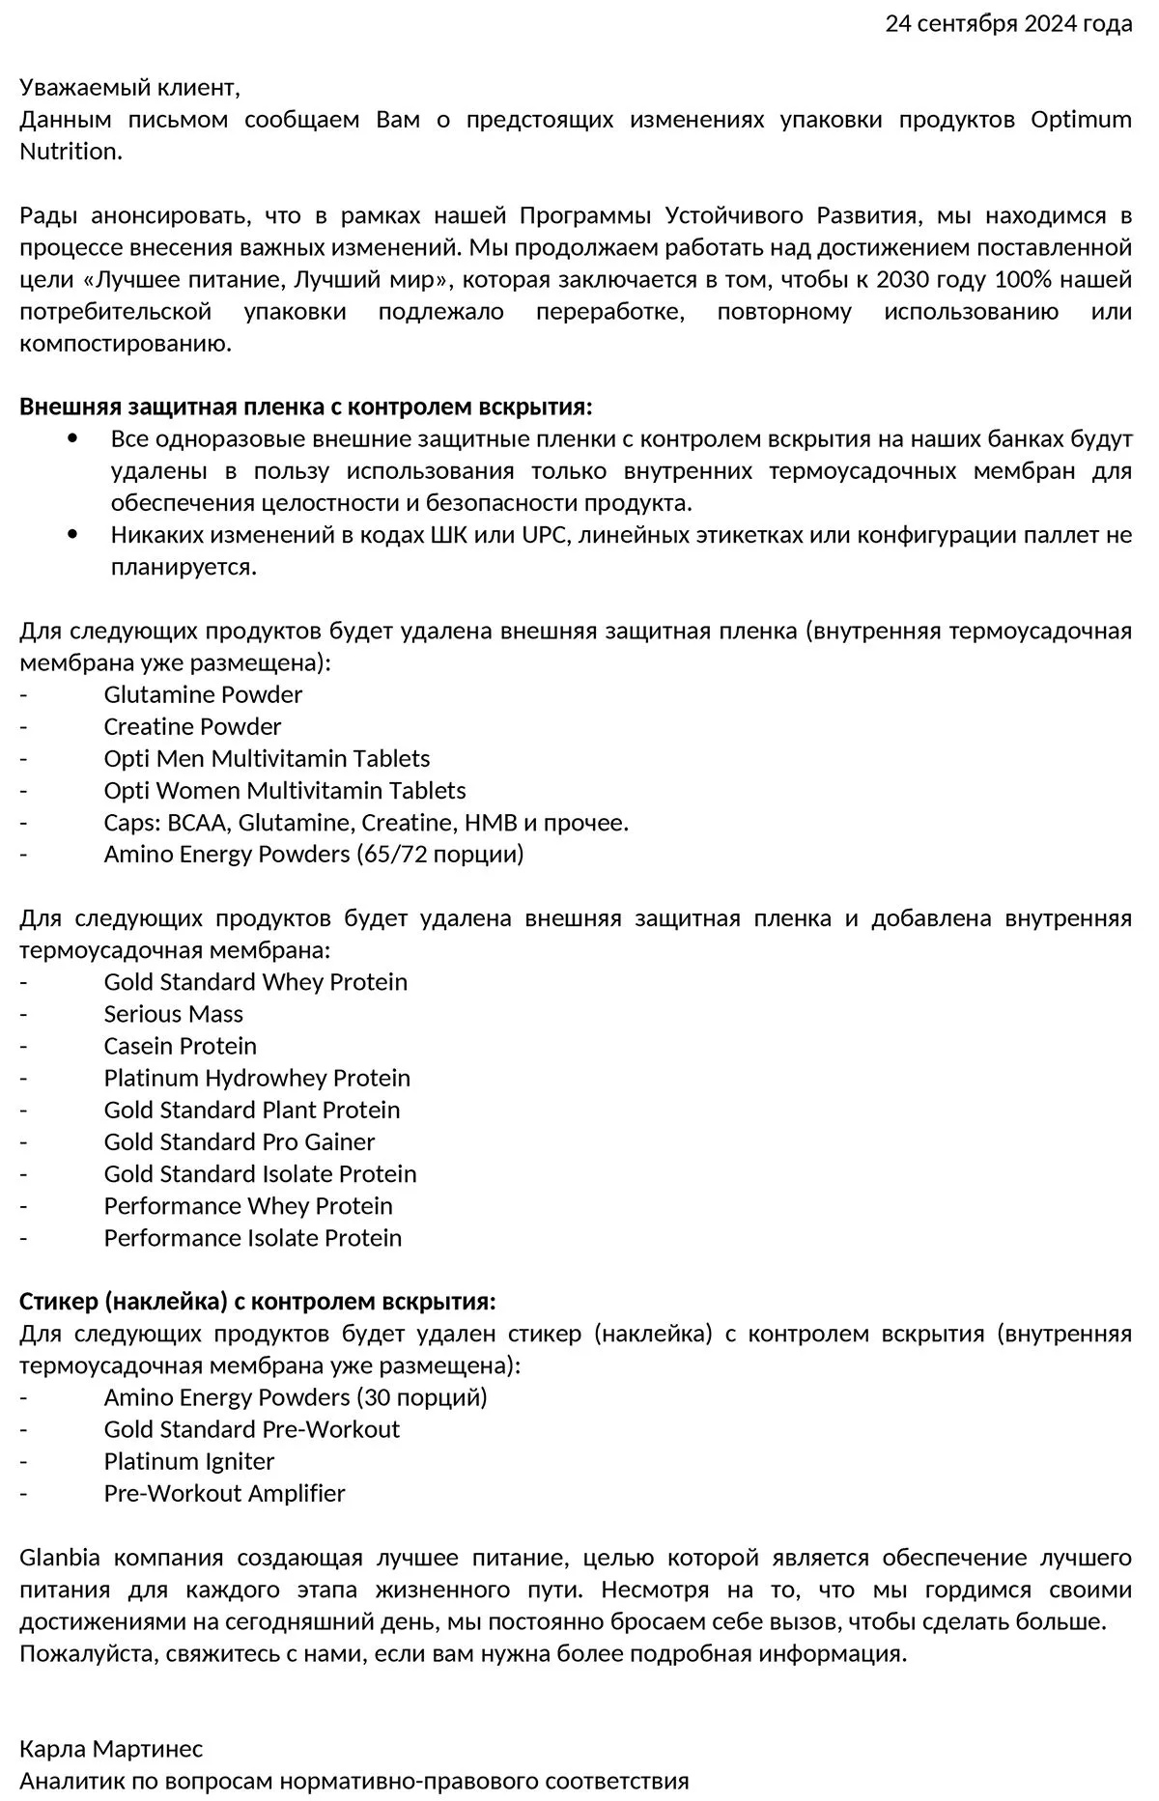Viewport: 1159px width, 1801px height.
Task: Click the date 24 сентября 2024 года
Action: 1008,24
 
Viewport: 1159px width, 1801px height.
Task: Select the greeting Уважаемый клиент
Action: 129,88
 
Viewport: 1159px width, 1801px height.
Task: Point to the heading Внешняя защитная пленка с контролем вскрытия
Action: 306,407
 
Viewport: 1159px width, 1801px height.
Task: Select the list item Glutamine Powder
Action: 203,694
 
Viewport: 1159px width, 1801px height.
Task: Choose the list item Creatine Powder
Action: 192,726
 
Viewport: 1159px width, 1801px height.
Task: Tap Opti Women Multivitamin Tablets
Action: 285,790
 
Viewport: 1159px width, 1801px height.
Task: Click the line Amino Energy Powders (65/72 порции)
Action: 314,854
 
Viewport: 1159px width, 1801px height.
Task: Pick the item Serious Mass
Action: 174,1014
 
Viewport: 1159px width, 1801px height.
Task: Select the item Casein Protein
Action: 181,1046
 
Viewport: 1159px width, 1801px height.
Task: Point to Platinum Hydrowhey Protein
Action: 257,1078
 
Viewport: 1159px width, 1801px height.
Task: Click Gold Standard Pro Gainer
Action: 240,1141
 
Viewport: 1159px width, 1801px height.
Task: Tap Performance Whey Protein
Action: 248,1205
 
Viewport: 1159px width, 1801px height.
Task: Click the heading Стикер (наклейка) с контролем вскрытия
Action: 258,1301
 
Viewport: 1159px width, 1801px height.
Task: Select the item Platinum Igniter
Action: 189,1461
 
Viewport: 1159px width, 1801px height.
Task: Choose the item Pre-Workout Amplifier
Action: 224,1493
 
